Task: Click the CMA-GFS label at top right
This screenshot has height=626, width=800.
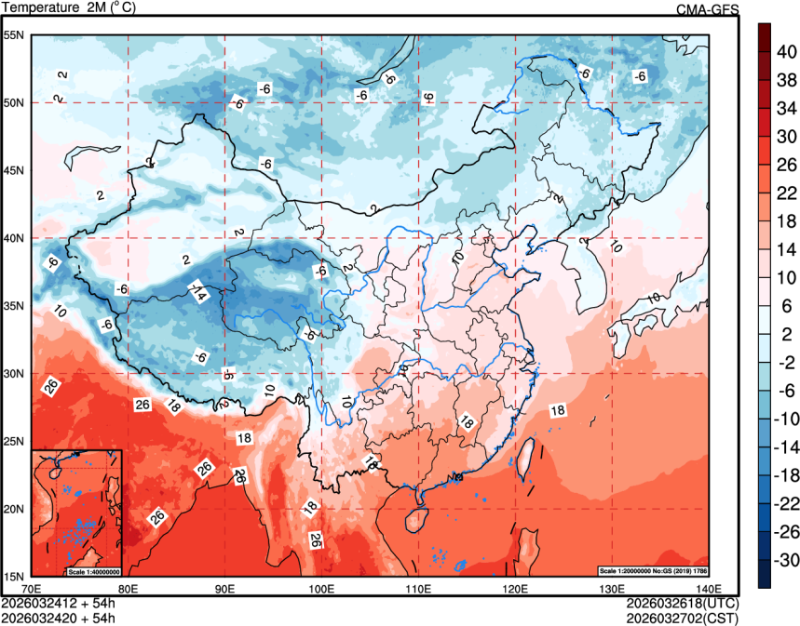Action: point(708,8)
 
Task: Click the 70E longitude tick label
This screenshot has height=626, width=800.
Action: point(31,589)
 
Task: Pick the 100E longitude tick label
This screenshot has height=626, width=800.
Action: point(321,589)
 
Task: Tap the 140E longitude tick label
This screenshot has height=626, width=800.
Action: point(709,589)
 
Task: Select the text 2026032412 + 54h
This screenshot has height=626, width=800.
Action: point(58,603)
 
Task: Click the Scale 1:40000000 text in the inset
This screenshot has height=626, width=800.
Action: point(94,571)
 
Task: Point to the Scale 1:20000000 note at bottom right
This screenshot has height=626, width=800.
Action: point(652,569)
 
